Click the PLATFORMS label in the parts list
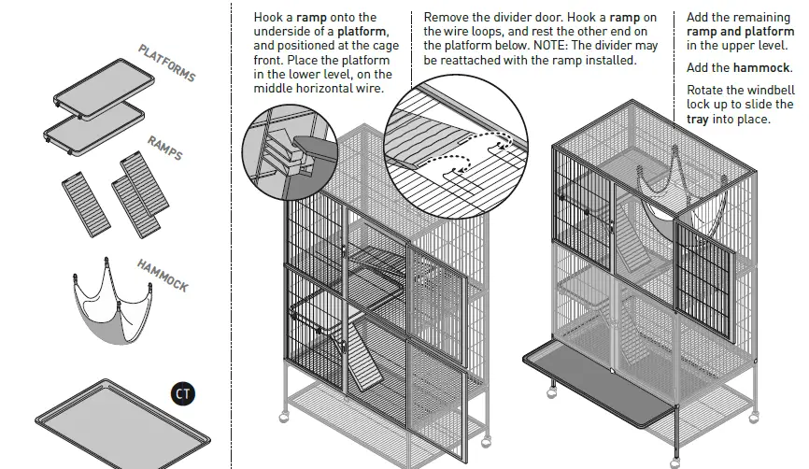pos(167,63)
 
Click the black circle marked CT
pos(183,394)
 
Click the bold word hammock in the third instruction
pos(761,68)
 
